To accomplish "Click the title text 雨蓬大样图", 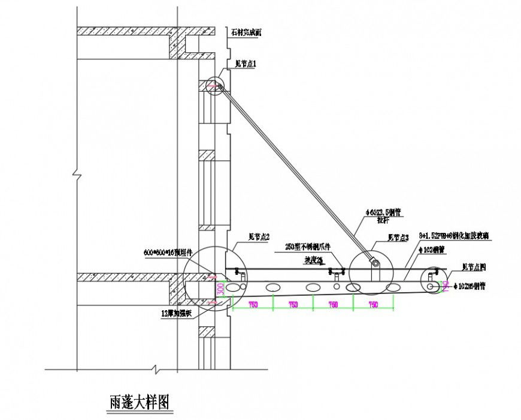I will pyautogui.click(x=136, y=400).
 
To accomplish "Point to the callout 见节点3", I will pyautogui.click(x=398, y=238).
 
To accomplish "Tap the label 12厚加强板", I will pyautogui.click(x=177, y=313).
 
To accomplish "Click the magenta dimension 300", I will pyautogui.click(x=220, y=289).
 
